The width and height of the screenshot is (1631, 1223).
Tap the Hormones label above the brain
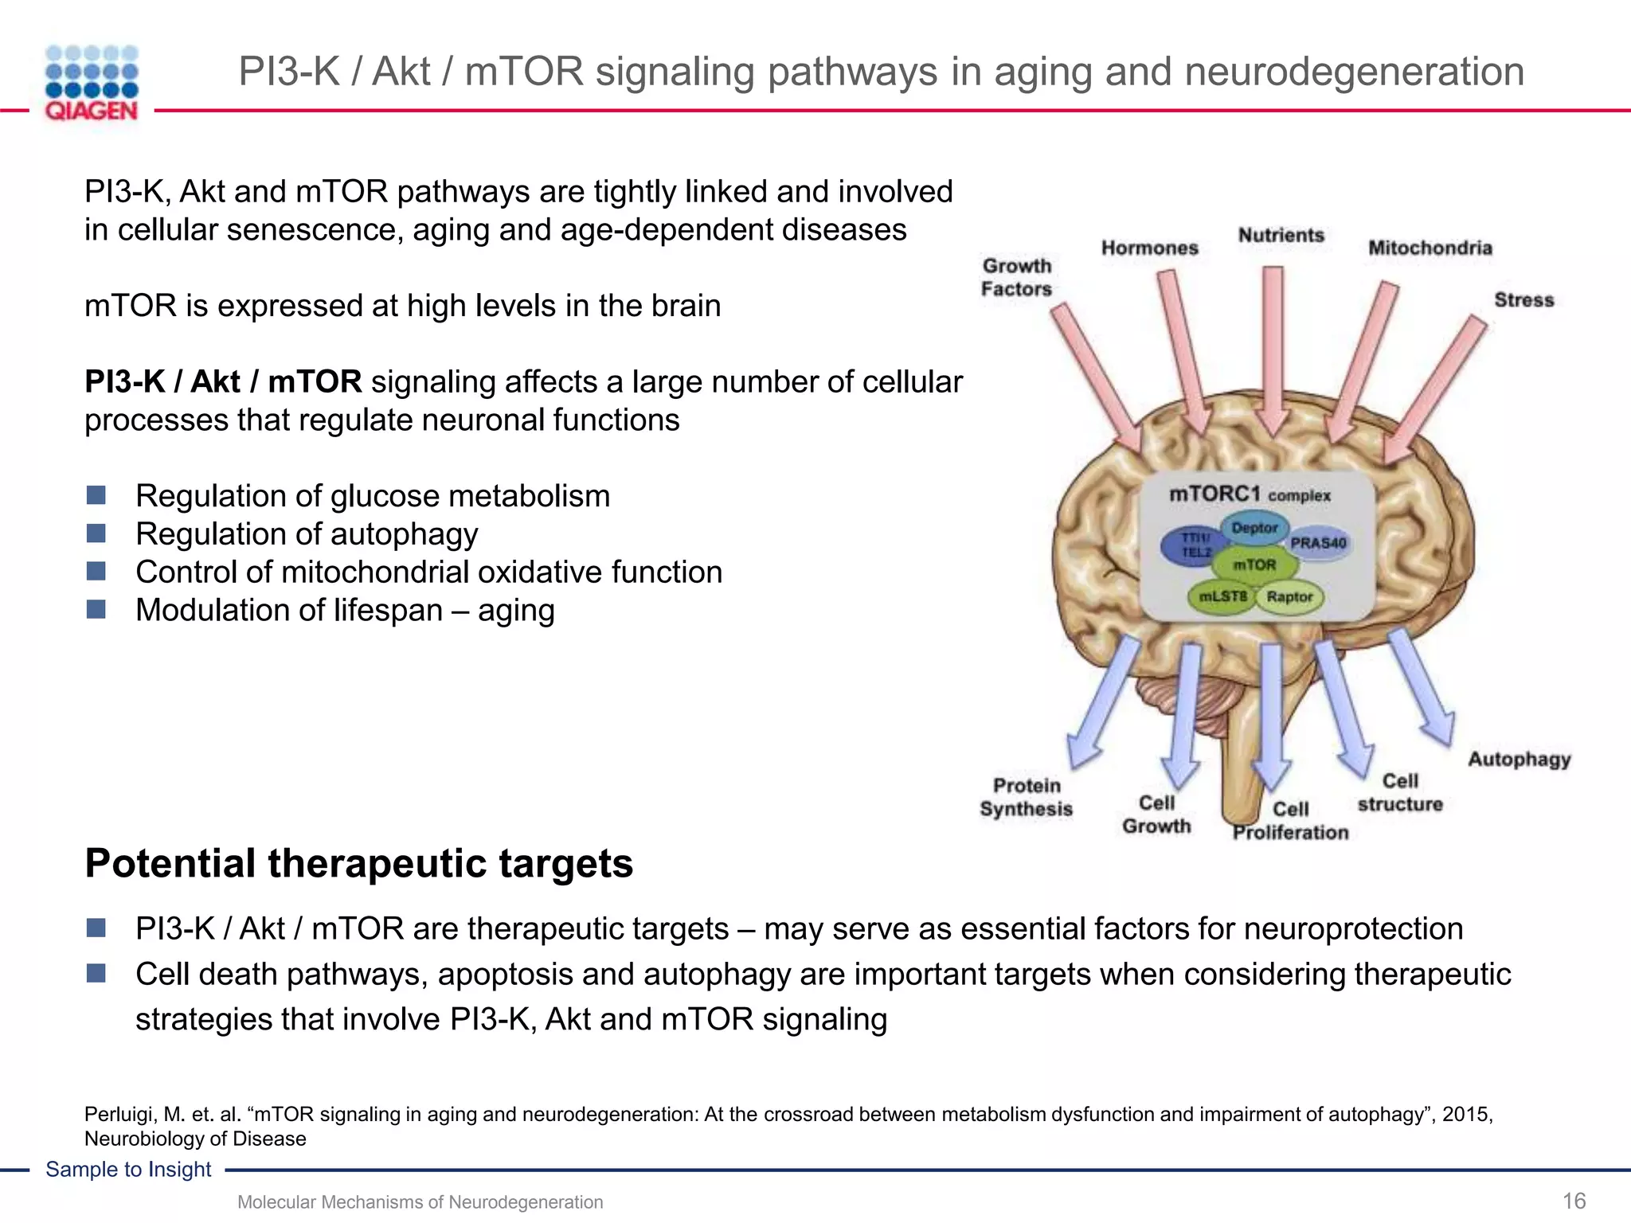[x=1149, y=248]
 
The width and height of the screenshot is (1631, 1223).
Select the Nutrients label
[x=1281, y=235]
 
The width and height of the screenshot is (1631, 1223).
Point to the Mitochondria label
[x=1430, y=248]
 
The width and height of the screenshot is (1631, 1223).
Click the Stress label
[x=1523, y=300]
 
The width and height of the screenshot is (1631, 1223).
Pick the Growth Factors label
[x=1016, y=277]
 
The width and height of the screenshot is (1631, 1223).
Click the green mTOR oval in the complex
[x=1254, y=565]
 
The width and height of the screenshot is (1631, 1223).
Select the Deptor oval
[x=1254, y=527]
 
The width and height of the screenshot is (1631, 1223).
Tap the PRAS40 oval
[x=1318, y=543]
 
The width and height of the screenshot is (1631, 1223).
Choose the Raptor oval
[x=1289, y=596]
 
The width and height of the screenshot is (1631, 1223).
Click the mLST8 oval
[x=1222, y=596]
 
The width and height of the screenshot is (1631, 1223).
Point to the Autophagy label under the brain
[x=1519, y=759]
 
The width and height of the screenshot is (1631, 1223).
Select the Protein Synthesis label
[x=1026, y=797]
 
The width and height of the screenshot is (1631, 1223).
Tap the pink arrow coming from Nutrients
[x=1273, y=350]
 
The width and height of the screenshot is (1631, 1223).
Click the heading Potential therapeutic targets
[x=358, y=863]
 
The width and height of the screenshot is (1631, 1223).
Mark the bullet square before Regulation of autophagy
[x=96, y=533]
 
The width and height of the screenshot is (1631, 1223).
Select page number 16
[x=1574, y=1201]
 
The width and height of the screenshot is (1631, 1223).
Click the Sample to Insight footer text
[x=128, y=1169]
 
